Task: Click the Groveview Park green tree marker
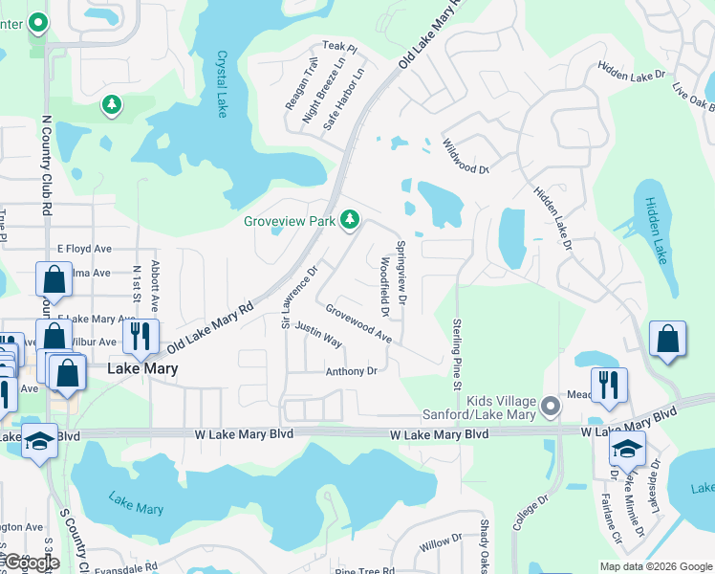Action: [350, 220]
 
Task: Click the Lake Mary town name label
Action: [135, 367]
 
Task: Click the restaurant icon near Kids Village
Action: [608, 385]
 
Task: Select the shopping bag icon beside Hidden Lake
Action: [667, 338]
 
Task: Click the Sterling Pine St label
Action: [457, 353]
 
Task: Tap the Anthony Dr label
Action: [352, 371]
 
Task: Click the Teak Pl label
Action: [338, 46]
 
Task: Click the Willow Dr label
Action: [440, 543]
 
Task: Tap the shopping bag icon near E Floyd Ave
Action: [54, 279]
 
